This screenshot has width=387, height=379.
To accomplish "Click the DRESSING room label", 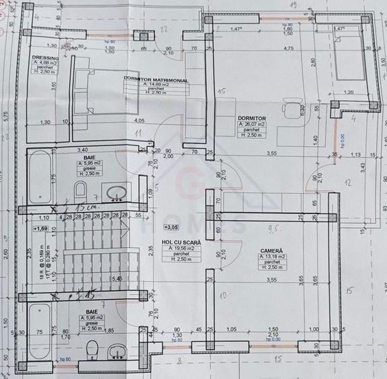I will click(x=46, y=59).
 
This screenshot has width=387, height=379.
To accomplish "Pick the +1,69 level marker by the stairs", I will click(x=42, y=229).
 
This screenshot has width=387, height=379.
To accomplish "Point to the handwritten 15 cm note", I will click(x=87, y=205).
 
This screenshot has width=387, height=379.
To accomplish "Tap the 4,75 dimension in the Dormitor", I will click(x=289, y=48).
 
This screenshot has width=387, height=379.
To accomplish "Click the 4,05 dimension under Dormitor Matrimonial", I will click(x=139, y=120).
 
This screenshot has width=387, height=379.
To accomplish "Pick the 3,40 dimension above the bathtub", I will click(x=84, y=149).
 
